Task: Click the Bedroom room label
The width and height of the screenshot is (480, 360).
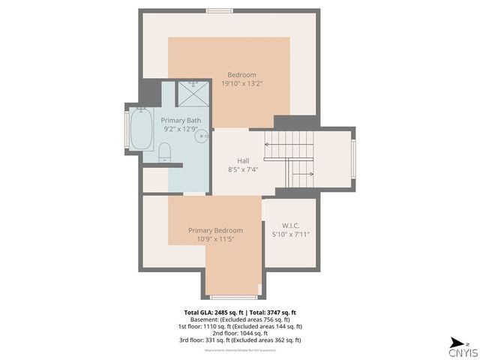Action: click(242, 74)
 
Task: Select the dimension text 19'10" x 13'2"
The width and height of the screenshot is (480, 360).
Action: click(242, 84)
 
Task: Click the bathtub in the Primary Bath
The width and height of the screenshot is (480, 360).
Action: click(141, 129)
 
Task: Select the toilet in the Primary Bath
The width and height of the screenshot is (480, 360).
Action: click(165, 154)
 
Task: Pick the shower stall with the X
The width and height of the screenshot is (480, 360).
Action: click(193, 94)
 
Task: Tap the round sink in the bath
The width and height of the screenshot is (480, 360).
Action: click(201, 136)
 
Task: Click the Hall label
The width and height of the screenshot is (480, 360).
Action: click(243, 160)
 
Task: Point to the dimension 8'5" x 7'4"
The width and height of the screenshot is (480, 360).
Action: click(243, 169)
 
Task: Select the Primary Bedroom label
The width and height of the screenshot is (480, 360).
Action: click(215, 230)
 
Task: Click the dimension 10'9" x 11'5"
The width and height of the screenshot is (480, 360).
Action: click(215, 239)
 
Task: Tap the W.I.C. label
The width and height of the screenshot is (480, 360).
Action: click(290, 225)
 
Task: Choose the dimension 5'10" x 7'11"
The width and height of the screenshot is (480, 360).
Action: click(290, 234)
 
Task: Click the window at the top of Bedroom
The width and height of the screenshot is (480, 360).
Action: click(219, 10)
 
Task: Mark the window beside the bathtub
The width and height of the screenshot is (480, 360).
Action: click(126, 129)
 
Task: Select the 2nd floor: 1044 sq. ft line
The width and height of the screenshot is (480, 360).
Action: click(241, 333)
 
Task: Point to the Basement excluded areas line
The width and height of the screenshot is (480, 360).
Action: click(241, 319)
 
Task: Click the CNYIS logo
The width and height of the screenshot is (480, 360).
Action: click(462, 350)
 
